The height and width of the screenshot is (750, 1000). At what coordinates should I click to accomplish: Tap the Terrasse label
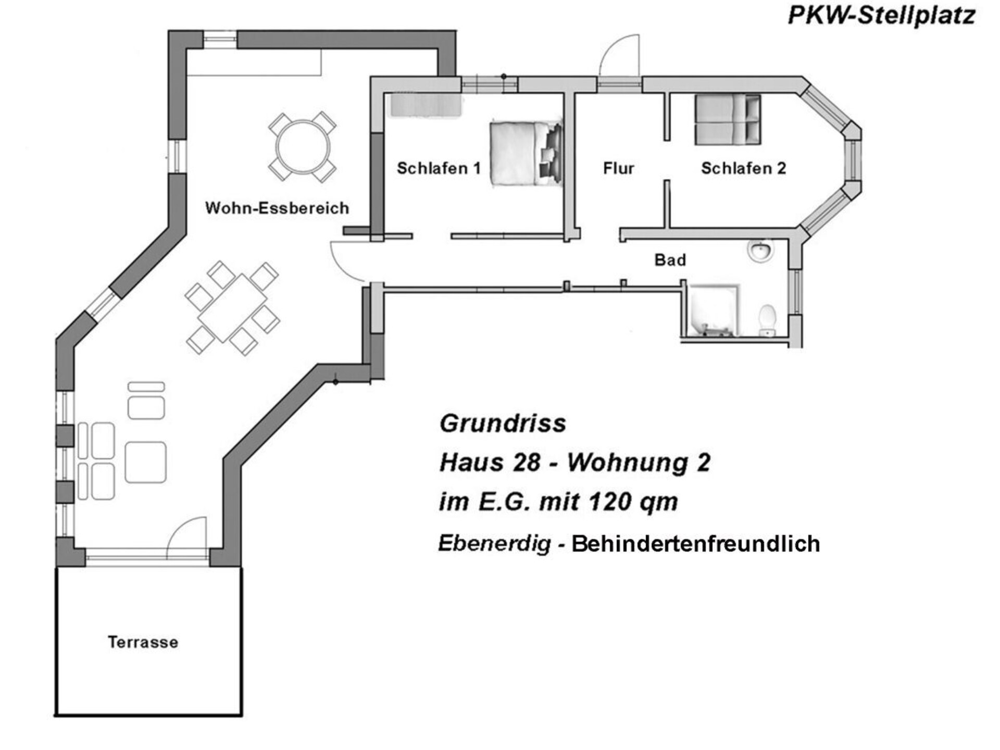(x=143, y=642)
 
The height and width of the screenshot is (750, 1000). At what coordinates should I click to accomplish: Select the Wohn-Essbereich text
(x=277, y=208)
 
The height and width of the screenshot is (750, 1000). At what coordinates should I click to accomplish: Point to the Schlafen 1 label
(x=439, y=168)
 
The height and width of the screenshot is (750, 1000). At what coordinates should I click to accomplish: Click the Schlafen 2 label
(x=743, y=168)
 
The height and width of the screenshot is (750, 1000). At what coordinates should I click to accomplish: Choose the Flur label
(x=619, y=168)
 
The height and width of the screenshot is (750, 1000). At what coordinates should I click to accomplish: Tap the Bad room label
(x=670, y=260)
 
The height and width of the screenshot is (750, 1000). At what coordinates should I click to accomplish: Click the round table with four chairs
(x=303, y=147)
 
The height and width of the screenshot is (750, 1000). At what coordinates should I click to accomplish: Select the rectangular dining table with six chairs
(x=232, y=308)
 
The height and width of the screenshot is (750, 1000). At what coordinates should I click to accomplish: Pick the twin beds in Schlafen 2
(x=728, y=119)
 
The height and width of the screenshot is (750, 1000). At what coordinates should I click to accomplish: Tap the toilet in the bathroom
(x=767, y=320)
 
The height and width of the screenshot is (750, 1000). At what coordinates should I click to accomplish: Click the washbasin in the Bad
(x=761, y=251)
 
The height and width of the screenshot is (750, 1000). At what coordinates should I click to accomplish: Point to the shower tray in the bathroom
(x=714, y=309)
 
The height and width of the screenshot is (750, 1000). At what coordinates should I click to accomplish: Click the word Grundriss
(x=503, y=423)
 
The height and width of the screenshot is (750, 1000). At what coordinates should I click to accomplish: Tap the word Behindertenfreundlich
(x=696, y=544)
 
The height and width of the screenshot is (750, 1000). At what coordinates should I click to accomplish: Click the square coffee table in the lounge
(x=146, y=462)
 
